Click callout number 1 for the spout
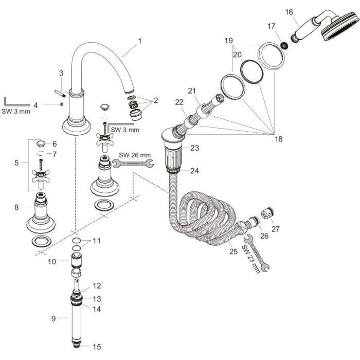click(x=139, y=40)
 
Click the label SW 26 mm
click(x=135, y=154)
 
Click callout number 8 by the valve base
click(x=17, y=207)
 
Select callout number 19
click(x=228, y=40)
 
